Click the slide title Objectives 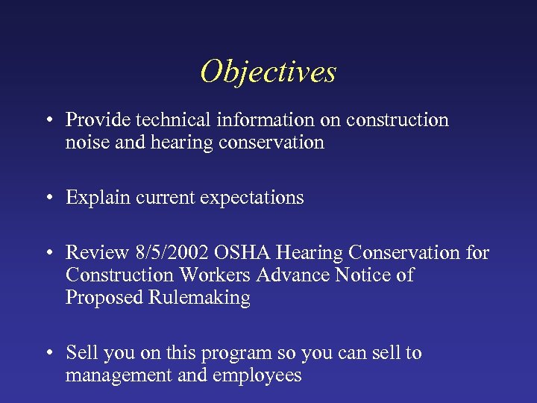click(268, 72)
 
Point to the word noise click(87, 143)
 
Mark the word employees click(257, 375)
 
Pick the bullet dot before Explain click(48, 199)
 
